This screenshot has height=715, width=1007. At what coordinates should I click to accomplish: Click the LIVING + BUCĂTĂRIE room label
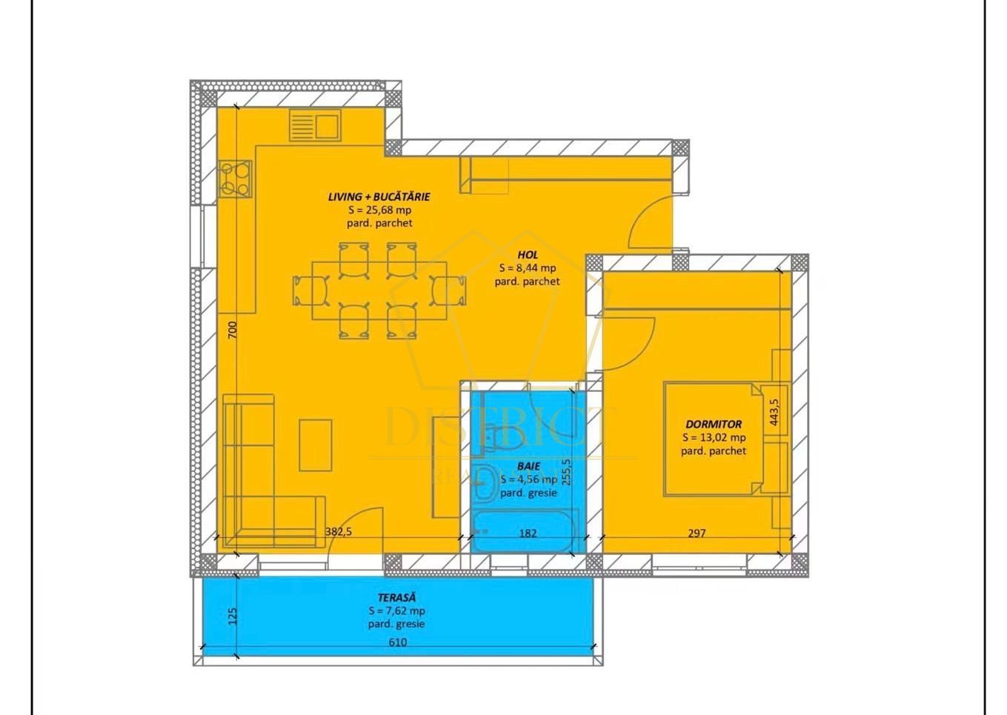click(379, 197)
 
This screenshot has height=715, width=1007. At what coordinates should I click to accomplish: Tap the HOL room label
click(528, 255)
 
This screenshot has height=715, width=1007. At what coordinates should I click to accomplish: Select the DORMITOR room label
click(714, 425)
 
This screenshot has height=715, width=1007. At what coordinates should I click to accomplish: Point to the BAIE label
click(528, 467)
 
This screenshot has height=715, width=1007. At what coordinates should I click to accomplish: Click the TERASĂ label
click(396, 597)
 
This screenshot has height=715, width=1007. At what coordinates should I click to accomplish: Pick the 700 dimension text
click(232, 330)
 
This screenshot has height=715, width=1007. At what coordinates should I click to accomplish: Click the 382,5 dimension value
click(339, 531)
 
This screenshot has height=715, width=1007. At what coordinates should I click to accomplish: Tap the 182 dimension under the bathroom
click(528, 533)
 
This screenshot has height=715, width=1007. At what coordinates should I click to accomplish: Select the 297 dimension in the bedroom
click(697, 533)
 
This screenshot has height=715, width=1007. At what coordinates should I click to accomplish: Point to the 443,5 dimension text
click(774, 413)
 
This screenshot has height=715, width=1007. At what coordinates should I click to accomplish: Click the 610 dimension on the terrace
click(398, 642)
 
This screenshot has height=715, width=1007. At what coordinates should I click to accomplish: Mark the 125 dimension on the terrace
click(232, 616)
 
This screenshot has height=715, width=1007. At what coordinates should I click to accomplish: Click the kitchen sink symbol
click(315, 125)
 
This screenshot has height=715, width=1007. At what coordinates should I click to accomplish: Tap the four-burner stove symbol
click(236, 179)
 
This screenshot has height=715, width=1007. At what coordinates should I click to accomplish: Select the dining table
click(379, 290)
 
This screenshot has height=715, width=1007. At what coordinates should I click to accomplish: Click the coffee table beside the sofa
click(316, 445)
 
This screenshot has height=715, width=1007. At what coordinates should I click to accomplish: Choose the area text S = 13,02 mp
click(714, 438)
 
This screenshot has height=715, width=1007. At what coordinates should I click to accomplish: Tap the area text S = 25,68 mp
click(379, 210)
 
